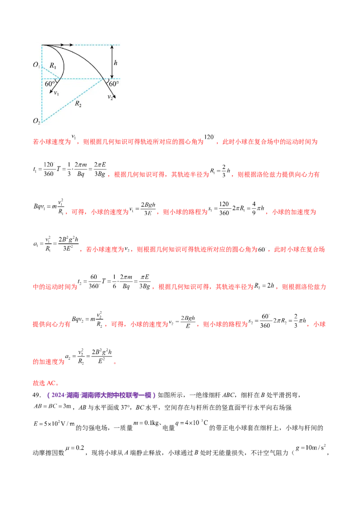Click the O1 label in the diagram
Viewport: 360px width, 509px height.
36,65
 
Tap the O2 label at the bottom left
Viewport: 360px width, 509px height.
36,121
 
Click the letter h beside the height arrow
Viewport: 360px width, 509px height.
116,63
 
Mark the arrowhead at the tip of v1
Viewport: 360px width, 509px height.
50,92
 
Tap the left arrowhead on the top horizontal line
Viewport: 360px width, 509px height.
61,45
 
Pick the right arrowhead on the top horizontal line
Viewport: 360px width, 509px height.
72,45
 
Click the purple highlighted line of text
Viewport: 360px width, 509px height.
103,395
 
